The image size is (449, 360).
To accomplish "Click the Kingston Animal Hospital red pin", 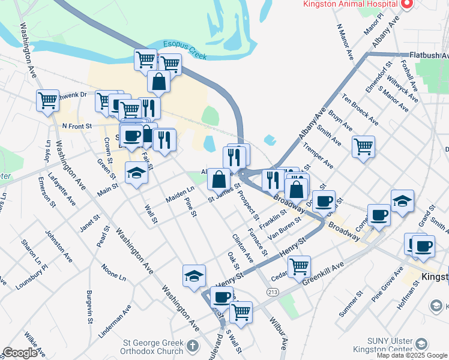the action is pos(407,4).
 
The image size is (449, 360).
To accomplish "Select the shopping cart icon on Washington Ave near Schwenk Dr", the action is pos(47,100).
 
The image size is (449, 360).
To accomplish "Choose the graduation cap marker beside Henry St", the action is pos(194,275).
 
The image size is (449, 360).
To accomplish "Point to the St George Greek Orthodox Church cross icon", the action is pos(192,346).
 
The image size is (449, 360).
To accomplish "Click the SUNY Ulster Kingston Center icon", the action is pos(421,344).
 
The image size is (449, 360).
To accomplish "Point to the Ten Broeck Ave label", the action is pos(360,109).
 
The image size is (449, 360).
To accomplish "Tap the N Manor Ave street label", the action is pos(346,42).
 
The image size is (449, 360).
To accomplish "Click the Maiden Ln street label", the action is pos(181,192).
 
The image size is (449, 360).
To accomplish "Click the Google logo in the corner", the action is pos(19,353).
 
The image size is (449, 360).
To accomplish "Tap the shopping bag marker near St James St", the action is pos(219,179).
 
